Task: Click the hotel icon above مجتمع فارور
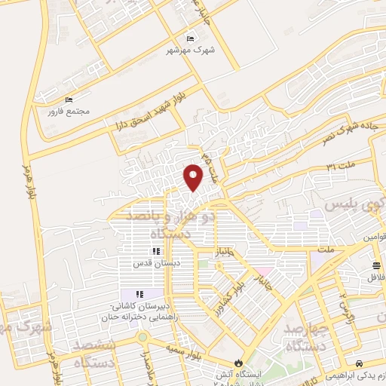coord(69,100)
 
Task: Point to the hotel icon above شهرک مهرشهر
coord(190,38)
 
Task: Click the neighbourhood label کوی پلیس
coord(355,205)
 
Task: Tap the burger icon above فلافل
coord(375,265)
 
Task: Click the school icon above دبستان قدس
coord(156,252)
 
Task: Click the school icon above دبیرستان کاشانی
coord(139,294)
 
